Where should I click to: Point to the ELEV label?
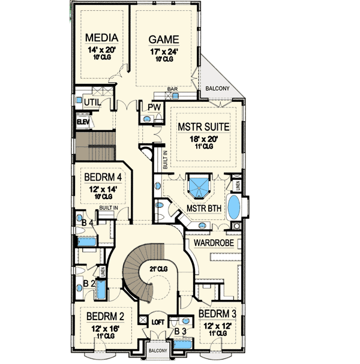click(x=83, y=122)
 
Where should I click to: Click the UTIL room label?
click(x=92, y=103)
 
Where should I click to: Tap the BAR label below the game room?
click(x=171, y=89)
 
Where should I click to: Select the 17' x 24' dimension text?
click(x=164, y=51)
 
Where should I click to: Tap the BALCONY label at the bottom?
click(x=159, y=350)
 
